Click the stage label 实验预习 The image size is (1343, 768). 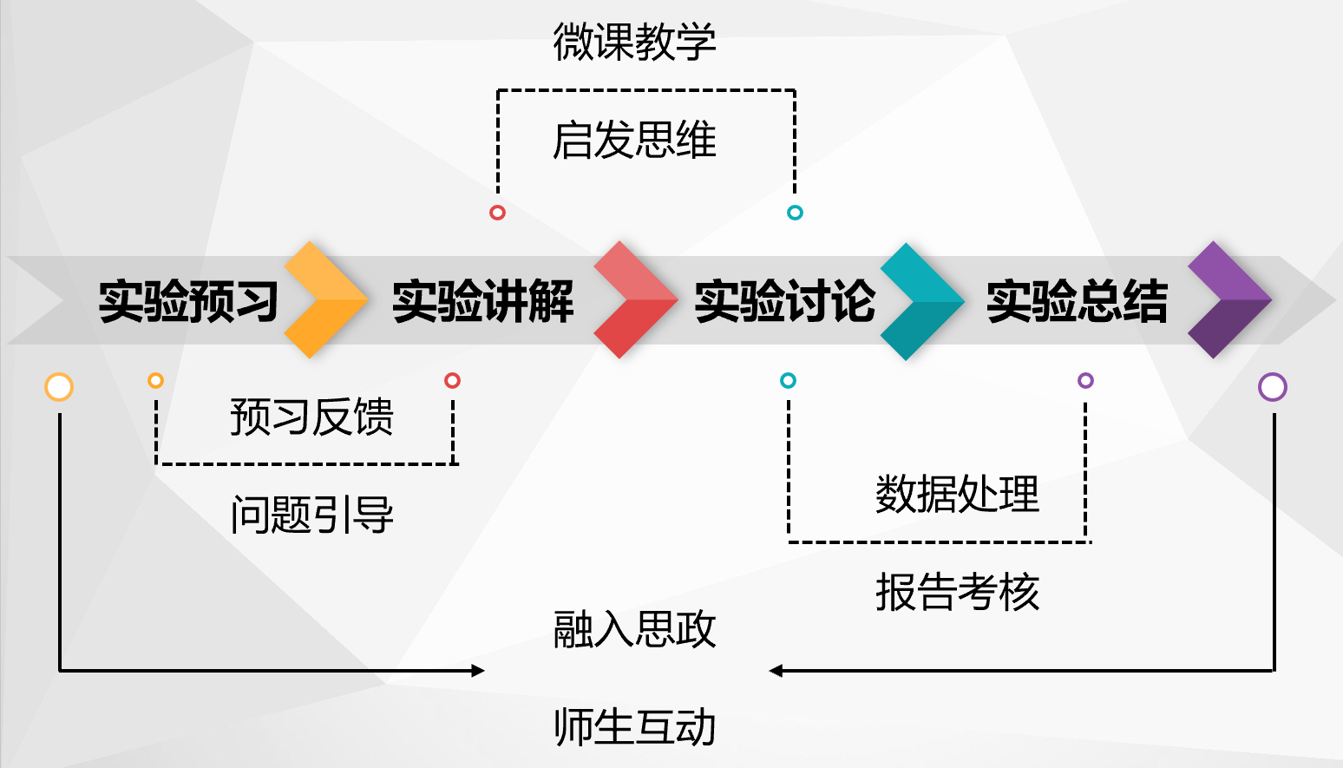tap(188, 301)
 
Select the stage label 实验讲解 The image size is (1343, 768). tap(482, 301)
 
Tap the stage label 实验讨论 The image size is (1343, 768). tap(784, 301)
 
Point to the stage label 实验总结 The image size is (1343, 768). tap(1077, 301)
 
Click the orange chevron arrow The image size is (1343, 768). tap(325, 300)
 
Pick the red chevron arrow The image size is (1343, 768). tap(634, 300)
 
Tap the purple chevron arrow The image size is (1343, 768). tap(1228, 300)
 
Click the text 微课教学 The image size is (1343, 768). tap(634, 42)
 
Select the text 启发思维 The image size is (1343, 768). tap(634, 141)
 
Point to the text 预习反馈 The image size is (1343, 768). tap(311, 417)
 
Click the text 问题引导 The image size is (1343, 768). tap(311, 515)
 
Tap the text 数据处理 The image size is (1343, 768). tap(957, 495)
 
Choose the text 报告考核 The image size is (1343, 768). tap(957, 593)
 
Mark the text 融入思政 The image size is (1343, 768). tap(634, 629)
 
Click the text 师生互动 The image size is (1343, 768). tap(634, 727)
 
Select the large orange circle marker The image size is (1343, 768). tap(59, 387)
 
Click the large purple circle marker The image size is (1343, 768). tap(1273, 387)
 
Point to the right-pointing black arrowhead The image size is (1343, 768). tap(478, 671)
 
